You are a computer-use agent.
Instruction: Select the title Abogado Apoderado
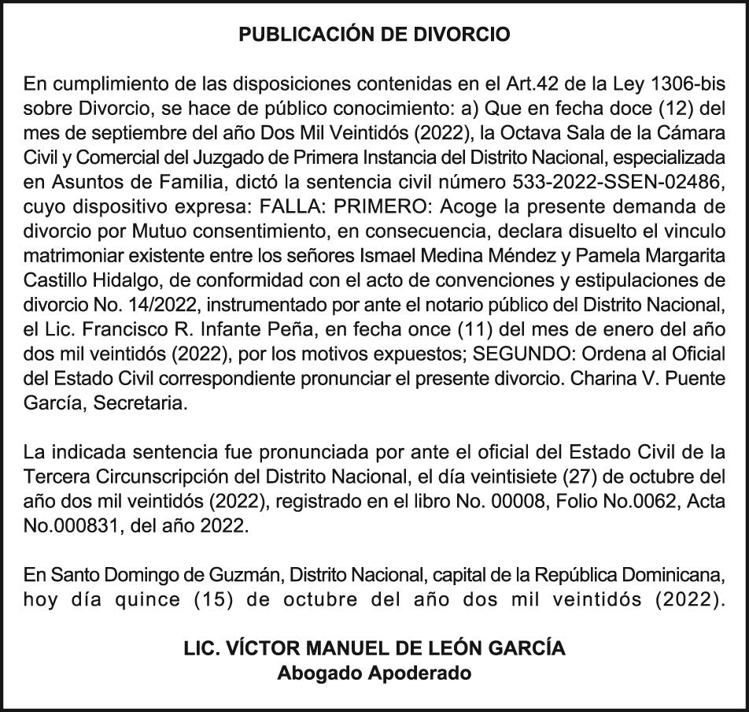point(374,673)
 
